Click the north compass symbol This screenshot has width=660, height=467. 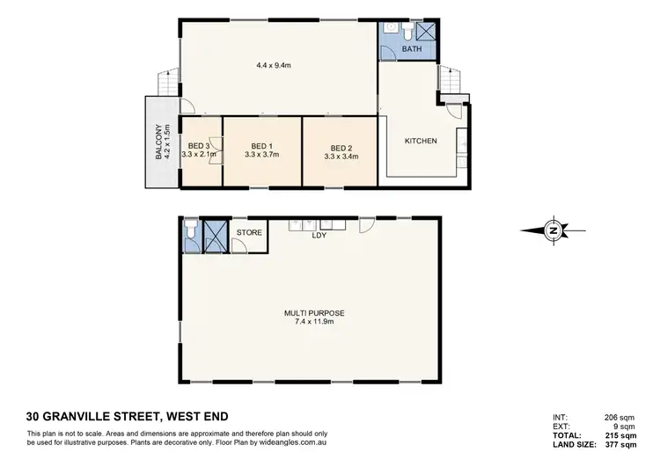click(553, 230)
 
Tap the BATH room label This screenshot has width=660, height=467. click(412, 49)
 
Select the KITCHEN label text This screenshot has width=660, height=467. click(420, 141)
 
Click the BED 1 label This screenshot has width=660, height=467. click(262, 146)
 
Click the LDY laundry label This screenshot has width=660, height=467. click(319, 236)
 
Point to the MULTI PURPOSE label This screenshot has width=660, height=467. click(312, 312)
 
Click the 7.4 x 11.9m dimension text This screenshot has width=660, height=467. click(312, 322)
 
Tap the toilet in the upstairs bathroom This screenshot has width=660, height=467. click(408, 31)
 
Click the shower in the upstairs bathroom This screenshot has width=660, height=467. click(425, 31)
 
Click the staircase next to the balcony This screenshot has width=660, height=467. click(165, 85)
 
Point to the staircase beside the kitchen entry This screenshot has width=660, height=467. click(450, 80)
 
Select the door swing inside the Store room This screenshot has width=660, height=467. click(257, 244)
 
